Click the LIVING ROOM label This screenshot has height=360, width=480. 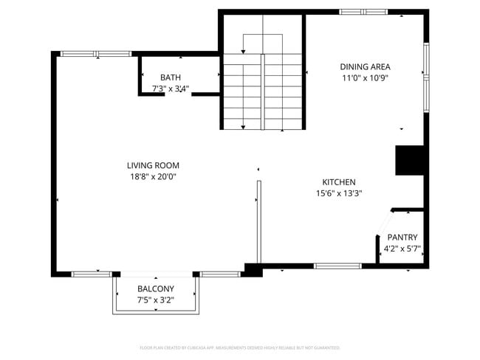[x=153, y=165]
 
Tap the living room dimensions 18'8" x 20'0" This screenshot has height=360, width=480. [x=153, y=177]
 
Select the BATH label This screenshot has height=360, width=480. [x=171, y=77]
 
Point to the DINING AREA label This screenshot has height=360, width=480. [x=365, y=66]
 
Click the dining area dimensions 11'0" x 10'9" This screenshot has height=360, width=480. [x=365, y=78]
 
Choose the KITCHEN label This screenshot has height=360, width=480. [x=339, y=182]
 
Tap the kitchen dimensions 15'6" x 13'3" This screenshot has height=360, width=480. [x=339, y=194]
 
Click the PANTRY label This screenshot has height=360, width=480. [x=402, y=238]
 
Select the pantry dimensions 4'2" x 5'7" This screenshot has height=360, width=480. [x=402, y=249]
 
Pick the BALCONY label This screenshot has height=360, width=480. [x=156, y=288]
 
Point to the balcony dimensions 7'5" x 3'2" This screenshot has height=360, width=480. [x=156, y=300]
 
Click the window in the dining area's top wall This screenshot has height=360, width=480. [x=363, y=12]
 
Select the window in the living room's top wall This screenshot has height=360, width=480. [x=95, y=54]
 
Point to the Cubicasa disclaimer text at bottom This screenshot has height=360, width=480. [x=240, y=347]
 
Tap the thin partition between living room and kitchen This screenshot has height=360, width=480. [x=258, y=221]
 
